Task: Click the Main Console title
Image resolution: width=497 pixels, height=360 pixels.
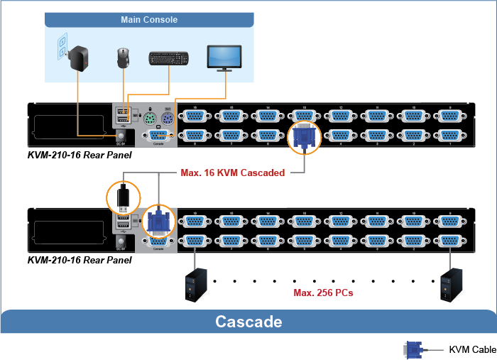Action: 149,20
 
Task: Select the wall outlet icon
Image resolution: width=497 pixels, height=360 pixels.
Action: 60,48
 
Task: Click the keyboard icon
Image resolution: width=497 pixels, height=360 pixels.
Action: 168,58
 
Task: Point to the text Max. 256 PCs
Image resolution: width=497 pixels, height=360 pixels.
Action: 324,292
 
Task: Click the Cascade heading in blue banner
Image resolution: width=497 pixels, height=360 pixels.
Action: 248,322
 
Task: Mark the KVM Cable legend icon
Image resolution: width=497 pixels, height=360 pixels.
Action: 413,349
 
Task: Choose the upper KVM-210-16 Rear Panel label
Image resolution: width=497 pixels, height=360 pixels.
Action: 80,155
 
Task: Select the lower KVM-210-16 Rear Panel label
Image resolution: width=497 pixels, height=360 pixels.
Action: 80,260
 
